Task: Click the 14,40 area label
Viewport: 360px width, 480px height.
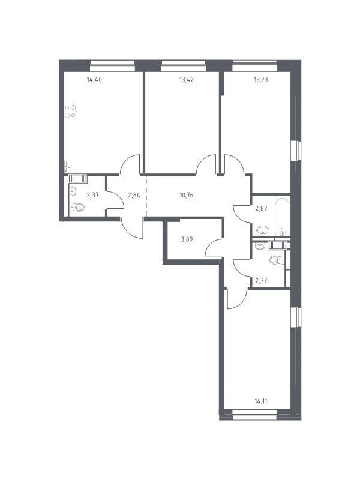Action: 94,80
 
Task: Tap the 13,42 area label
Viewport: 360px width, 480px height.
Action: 187,80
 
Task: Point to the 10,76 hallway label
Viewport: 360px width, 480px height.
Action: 187,194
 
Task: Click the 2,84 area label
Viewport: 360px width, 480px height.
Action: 134,194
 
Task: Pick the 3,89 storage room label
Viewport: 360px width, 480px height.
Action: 187,239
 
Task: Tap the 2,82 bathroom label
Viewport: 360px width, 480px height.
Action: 261,209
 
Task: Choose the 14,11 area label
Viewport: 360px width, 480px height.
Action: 260,401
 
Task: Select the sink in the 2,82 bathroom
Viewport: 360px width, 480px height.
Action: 263,230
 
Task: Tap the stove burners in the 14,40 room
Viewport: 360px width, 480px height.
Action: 70,112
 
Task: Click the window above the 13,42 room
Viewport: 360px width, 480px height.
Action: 183,64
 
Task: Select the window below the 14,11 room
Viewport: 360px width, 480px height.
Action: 255,416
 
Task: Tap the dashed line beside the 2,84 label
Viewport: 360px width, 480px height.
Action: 146,196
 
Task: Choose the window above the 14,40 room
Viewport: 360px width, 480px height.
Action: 112,64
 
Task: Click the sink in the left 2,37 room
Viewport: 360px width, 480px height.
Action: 74,191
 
